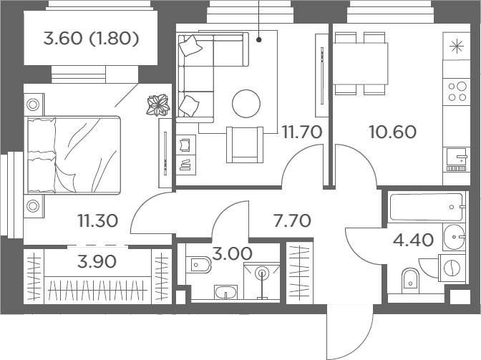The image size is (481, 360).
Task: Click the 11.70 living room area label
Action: click(302, 132)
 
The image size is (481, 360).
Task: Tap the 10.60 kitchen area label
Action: click(393, 132)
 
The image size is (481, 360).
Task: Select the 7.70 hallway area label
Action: click(292, 220)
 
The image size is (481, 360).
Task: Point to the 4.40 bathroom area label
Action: click(413, 240)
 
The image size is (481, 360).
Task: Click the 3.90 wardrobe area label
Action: click(97, 261)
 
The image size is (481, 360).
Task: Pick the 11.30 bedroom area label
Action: click(98, 220)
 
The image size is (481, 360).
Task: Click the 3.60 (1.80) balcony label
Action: click(91, 39)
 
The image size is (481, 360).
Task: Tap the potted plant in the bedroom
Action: click(158, 105)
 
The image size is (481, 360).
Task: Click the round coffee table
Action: click(246, 104)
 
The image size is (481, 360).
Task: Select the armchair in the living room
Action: click(245, 145)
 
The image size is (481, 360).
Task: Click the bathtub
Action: click(426, 207)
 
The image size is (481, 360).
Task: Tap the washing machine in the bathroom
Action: click(452, 268)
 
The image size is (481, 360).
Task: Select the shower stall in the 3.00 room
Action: click(262, 281)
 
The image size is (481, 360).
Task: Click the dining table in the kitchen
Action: click(361, 64)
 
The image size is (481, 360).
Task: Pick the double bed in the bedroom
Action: click(74, 155)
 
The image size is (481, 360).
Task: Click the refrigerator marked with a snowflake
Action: click(457, 47)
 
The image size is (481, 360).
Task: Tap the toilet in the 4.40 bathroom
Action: click(410, 278)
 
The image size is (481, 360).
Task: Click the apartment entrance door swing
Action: click(350, 332)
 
